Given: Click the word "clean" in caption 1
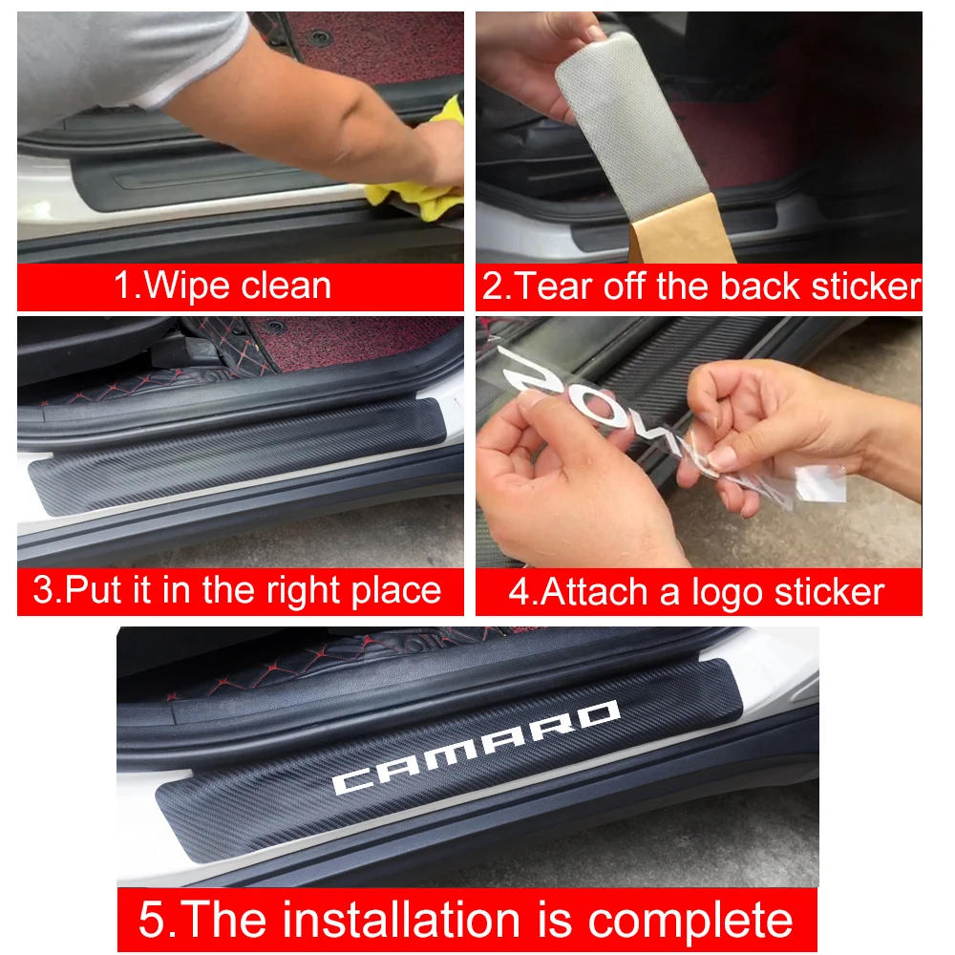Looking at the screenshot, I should [286, 286].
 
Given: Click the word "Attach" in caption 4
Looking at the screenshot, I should [597, 591].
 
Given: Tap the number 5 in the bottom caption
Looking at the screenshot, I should [153, 920].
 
